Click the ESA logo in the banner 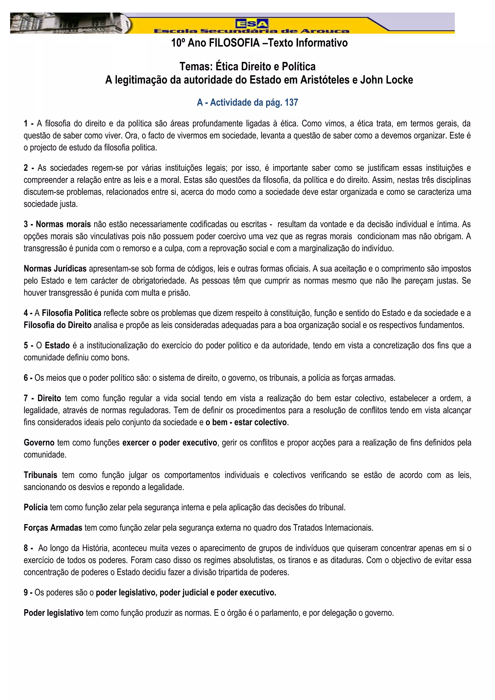point(252,23)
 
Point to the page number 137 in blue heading point(291,103)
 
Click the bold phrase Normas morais point(63,224)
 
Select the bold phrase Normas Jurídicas point(55,269)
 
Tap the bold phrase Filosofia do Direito point(58,325)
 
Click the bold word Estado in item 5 point(57,346)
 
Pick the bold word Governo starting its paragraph point(39,443)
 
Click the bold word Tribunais point(41,475)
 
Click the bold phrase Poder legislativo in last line point(54,613)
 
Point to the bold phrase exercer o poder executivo point(170,443)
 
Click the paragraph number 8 point(26,548)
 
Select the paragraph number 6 point(26,378)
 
